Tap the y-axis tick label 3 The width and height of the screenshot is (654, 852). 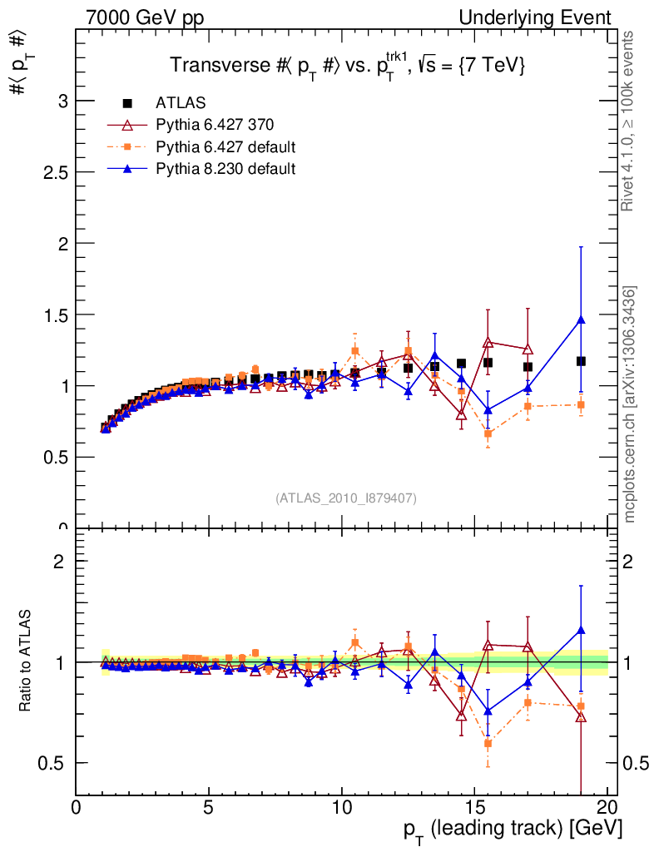point(62,102)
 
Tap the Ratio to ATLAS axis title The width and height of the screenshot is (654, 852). point(26,661)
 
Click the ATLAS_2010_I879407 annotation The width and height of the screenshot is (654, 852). point(346,498)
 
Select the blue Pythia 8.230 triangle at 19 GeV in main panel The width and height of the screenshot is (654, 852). point(581,319)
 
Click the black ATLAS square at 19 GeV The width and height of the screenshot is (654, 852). point(581,361)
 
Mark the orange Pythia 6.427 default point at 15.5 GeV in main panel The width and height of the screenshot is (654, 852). point(488,433)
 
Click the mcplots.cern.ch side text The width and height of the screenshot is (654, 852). point(631,404)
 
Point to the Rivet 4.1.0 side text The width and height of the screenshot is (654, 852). point(631,121)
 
